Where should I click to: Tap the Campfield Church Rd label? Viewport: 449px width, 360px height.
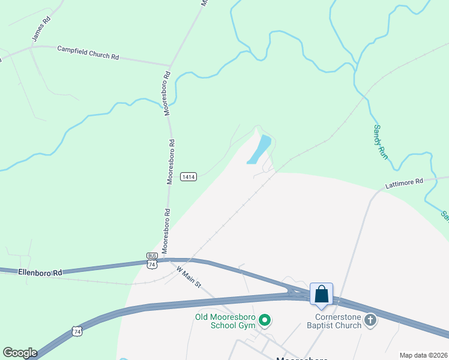[88, 52]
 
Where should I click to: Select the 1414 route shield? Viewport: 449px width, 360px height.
[188, 176]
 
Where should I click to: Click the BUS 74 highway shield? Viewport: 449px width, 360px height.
[152, 260]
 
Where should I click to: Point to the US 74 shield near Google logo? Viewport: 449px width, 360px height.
[76, 331]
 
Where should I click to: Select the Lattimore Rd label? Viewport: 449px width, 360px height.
[404, 181]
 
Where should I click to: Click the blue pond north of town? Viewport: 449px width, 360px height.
[260, 149]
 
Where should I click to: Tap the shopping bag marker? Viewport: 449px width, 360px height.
[322, 295]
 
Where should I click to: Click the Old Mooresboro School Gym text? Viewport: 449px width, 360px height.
[224, 321]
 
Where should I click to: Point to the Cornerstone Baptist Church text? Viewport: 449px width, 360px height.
[339, 321]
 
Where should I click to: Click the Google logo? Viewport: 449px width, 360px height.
[20, 353]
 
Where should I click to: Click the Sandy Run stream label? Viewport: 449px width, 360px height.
[381, 142]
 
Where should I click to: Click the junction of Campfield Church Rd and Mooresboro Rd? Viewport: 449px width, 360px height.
[170, 65]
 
